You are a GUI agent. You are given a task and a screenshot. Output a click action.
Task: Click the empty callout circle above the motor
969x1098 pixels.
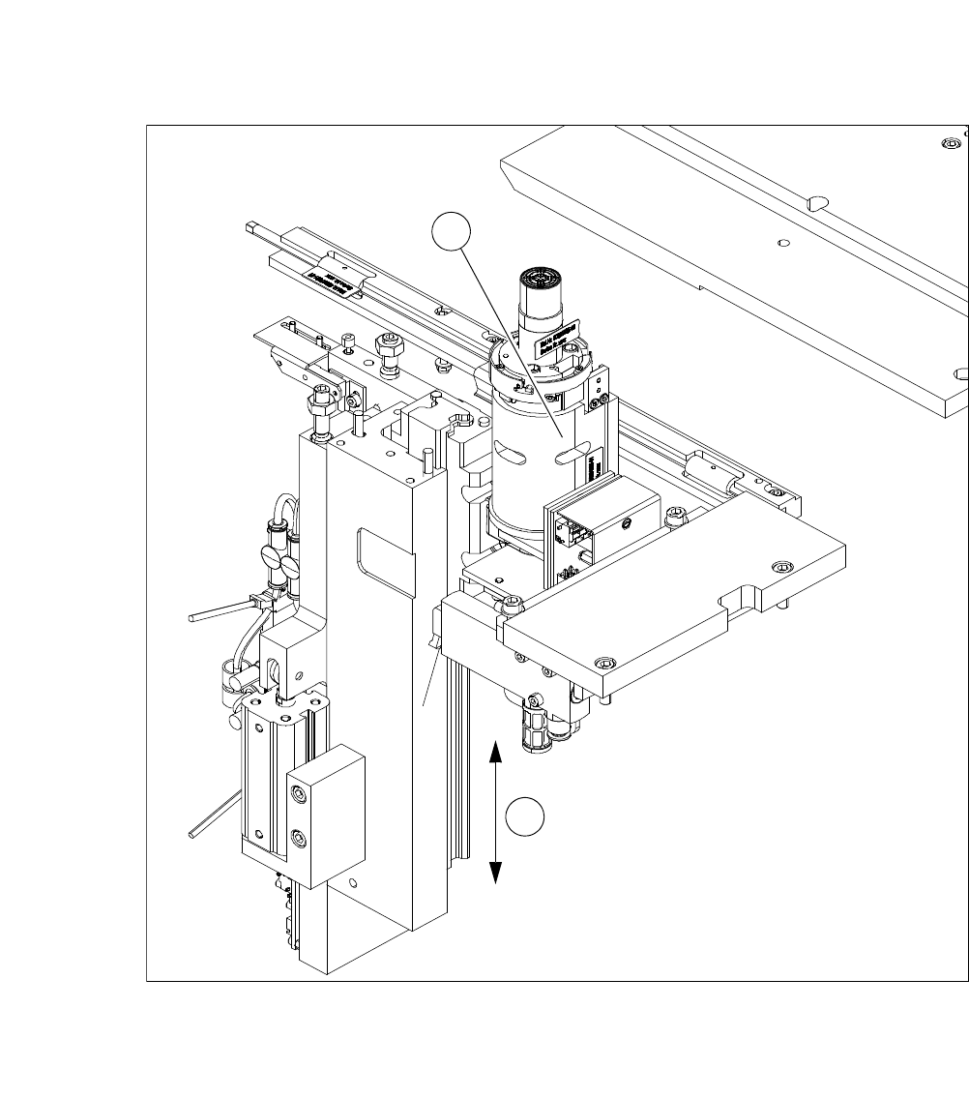point(451,235)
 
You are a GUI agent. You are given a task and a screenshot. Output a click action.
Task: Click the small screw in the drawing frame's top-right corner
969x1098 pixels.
point(951,144)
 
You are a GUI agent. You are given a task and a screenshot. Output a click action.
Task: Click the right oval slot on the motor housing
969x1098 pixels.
point(568,450)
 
